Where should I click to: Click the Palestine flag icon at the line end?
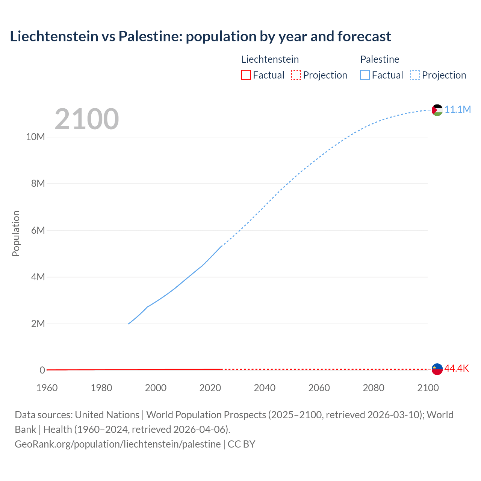[437, 110]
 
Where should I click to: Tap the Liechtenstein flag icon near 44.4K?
[437, 369]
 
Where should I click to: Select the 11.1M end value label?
[458, 109]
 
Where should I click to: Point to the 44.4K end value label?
[457, 368]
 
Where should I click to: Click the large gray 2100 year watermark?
[87, 119]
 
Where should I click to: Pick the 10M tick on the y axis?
[35, 137]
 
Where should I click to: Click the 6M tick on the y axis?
[38, 230]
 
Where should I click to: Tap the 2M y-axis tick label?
[38, 324]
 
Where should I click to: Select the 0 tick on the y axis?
[42, 370]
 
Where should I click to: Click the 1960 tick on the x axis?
[47, 388]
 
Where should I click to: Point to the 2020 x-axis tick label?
[210, 388]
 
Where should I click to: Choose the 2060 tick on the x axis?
[319, 388]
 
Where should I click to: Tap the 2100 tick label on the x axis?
[428, 388]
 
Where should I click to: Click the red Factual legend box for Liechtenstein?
[246, 75]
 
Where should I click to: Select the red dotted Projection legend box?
[296, 75]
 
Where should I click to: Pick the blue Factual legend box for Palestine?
[365, 75]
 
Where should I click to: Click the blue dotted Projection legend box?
[415, 75]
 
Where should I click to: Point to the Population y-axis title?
[16, 233]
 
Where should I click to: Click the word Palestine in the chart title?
[150, 36]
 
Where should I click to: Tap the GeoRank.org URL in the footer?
[118, 444]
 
